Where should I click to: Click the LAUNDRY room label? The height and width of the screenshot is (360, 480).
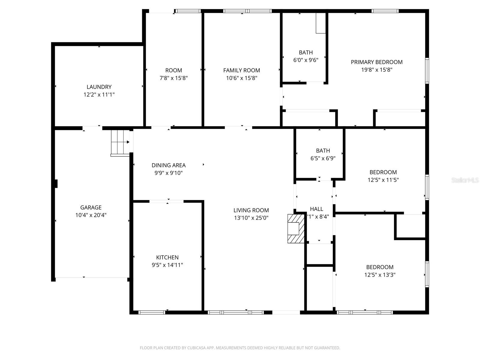coord(99,87)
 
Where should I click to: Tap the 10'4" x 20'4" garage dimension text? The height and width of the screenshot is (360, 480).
coord(91,215)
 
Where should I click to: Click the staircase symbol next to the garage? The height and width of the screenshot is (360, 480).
coord(119,142)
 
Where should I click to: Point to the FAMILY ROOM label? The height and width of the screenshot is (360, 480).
coord(241,70)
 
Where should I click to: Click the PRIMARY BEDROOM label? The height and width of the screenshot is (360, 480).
coord(376,62)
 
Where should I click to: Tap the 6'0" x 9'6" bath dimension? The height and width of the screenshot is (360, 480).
coord(306,60)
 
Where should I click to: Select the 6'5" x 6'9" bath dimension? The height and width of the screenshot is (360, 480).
coord(323,158)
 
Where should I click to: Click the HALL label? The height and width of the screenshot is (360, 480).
coord(316,209)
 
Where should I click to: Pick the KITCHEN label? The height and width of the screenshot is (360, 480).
coord(167,257)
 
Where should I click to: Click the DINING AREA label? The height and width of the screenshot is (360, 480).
coord(169,165)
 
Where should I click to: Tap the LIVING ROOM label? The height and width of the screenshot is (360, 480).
coord(251,210)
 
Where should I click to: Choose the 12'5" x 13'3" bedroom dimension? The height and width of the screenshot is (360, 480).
coord(380,275)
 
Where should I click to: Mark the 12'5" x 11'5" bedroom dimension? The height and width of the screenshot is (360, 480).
coord(383,180)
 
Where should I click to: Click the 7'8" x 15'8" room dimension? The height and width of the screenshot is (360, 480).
coord(174,78)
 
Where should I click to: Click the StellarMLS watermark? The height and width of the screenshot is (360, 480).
coord(465,180)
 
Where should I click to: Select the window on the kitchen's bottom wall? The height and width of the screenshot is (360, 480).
coord(152,312)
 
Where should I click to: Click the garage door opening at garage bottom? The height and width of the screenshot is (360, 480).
coord(91,278)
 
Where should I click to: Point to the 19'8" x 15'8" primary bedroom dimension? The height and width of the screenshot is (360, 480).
coord(376,70)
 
